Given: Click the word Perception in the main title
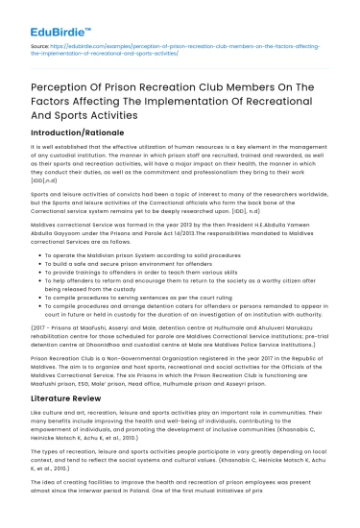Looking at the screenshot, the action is pos(61,87).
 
